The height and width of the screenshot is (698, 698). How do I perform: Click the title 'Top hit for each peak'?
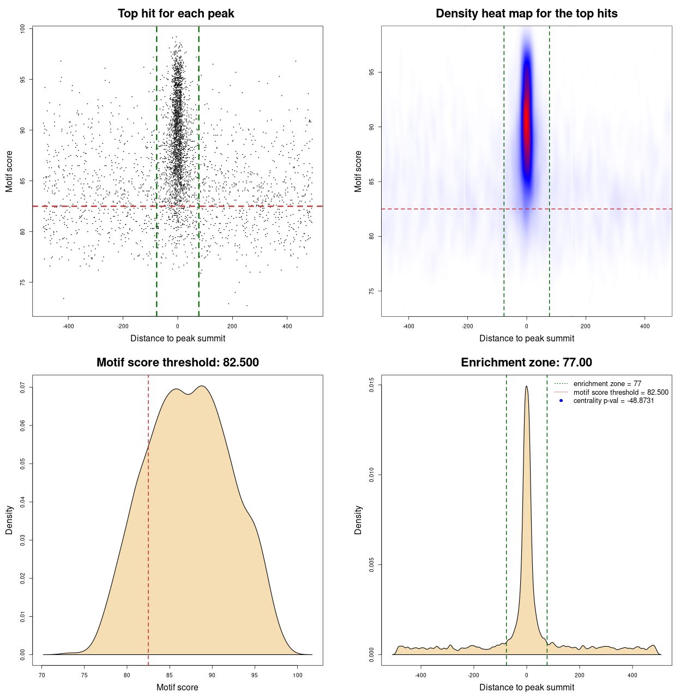(x=176, y=14)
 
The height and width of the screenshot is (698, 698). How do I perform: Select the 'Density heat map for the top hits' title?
(x=526, y=14)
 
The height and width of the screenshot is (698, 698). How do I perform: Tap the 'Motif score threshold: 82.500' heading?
(x=177, y=363)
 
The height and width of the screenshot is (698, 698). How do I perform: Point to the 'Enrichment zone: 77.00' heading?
(x=526, y=363)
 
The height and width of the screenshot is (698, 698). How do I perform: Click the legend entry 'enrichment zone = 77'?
(x=607, y=384)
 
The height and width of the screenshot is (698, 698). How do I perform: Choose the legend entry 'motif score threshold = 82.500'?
(x=621, y=392)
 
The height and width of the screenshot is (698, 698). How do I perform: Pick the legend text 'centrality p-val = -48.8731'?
(x=613, y=401)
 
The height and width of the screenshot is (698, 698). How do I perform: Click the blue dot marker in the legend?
(x=561, y=401)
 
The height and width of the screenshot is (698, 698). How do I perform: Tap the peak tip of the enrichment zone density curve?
(x=526, y=387)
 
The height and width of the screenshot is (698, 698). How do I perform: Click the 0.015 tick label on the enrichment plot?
(x=372, y=385)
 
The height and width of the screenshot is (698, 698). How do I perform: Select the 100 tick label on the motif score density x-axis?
(x=297, y=675)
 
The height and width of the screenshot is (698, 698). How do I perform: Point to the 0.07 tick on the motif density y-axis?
(x=23, y=387)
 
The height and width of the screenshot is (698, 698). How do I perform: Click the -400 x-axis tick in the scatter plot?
(x=68, y=326)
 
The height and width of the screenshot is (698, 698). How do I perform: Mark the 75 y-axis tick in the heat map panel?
(x=372, y=291)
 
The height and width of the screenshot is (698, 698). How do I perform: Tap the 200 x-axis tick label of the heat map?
(x=586, y=326)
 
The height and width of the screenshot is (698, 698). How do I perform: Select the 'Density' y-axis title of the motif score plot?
(x=9, y=520)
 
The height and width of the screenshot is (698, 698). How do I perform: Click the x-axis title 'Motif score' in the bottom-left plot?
(x=177, y=687)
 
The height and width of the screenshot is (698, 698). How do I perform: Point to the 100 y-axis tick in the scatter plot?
(x=23, y=29)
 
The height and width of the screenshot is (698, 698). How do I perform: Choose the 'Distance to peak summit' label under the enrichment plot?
(x=526, y=687)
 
